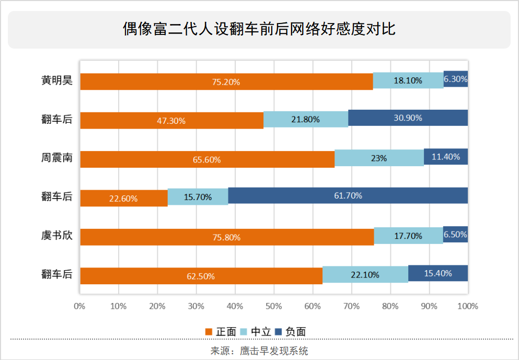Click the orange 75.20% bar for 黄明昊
(x=226, y=82)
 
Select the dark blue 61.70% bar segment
(x=348, y=196)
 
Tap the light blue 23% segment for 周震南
(x=379, y=158)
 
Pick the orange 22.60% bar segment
(x=124, y=198)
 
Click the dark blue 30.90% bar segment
(x=408, y=119)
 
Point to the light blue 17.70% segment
(x=408, y=236)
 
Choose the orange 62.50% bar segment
(x=201, y=275)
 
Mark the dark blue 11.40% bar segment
(x=445, y=157)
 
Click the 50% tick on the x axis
(x=273, y=306)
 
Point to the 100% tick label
(x=467, y=306)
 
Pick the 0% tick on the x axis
(x=79, y=306)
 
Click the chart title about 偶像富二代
(x=259, y=29)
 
